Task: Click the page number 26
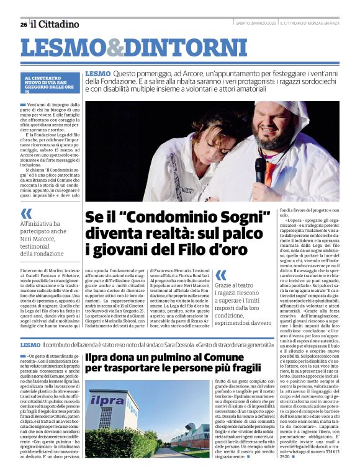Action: click(x=23, y=24)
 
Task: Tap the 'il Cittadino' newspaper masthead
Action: click(x=55, y=24)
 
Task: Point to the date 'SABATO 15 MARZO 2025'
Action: click(x=256, y=24)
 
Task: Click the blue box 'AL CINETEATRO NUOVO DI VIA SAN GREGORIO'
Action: click(x=52, y=83)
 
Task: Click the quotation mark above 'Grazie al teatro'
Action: click(x=220, y=274)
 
